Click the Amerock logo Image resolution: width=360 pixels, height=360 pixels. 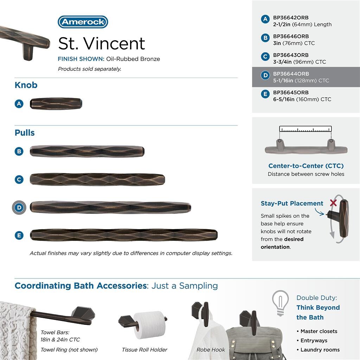click(x=83, y=22)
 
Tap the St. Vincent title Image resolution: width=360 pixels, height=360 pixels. click(x=102, y=44)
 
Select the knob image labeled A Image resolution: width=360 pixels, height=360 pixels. click(x=56, y=104)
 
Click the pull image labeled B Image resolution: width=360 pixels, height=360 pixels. click(x=87, y=151)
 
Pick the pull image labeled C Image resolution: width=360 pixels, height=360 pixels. click(x=97, y=179)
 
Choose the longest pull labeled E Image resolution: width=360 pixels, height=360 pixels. click(x=124, y=235)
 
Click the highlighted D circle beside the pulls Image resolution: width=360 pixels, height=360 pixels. click(x=19, y=207)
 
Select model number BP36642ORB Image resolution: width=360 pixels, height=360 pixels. click(x=291, y=18)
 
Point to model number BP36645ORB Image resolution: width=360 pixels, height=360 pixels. click(x=291, y=92)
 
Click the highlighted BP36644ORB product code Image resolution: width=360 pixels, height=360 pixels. click(x=291, y=74)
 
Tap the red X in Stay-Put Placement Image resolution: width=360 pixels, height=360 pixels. click(x=333, y=203)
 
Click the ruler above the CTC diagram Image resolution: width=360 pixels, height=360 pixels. click(x=306, y=129)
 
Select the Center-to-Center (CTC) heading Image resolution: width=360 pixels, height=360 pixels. click(x=306, y=166)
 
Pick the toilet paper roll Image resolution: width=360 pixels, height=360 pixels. click(x=149, y=324)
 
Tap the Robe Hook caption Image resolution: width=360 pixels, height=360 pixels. click(x=211, y=349)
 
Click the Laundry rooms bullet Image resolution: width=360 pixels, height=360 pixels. click(x=320, y=349)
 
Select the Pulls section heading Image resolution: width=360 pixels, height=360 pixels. click(x=25, y=133)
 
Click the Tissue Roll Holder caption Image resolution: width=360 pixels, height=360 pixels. click(x=144, y=349)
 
